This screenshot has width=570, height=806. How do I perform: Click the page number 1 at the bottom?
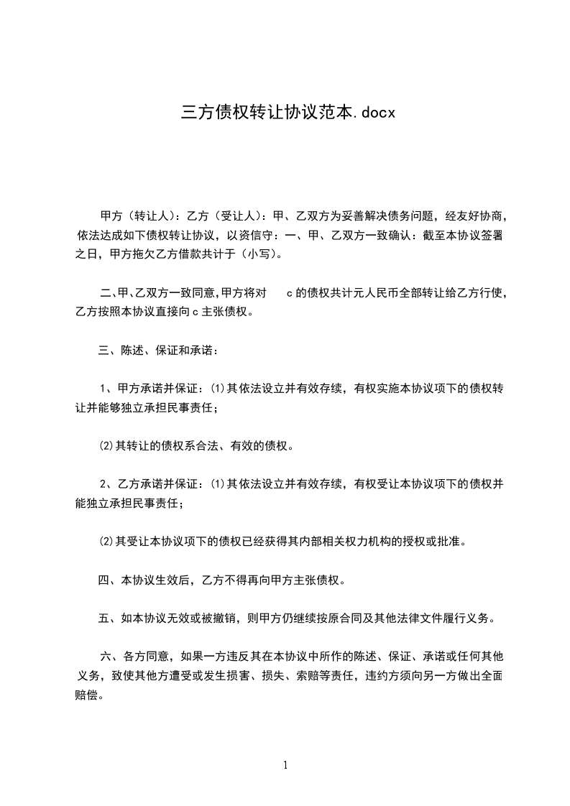point(285,764)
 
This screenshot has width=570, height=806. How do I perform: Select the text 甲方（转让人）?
point(137,216)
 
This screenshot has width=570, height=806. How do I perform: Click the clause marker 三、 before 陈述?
point(106,351)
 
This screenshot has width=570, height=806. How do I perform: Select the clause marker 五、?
point(106,618)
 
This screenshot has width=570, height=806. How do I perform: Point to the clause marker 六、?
point(108,656)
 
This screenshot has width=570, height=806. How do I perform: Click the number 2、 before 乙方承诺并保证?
point(107,484)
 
